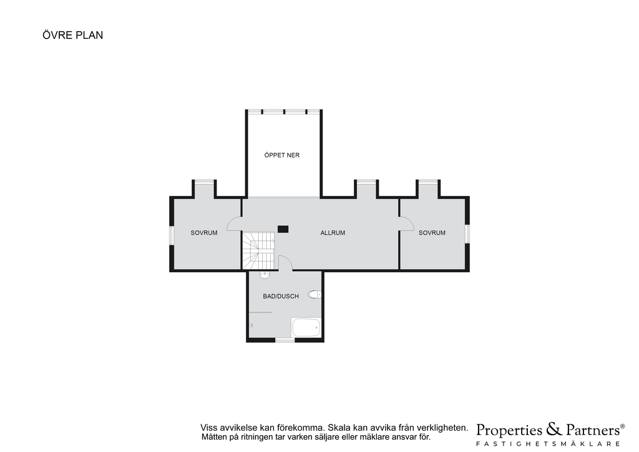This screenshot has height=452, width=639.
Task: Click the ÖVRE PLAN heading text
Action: pyautogui.click(x=72, y=35)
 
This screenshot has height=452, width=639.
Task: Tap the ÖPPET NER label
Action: pyautogui.click(x=282, y=155)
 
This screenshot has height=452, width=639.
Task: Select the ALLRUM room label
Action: pyautogui.click(x=333, y=233)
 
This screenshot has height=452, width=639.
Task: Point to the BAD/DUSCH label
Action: pyautogui.click(x=281, y=297)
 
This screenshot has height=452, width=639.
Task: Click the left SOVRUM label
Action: pyautogui.click(x=204, y=233)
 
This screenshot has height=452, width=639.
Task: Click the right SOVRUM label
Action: pyautogui.click(x=432, y=233)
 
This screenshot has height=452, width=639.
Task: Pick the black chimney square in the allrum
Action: pyautogui.click(x=283, y=229)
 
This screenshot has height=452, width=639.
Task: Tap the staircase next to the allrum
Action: pyautogui.click(x=259, y=250)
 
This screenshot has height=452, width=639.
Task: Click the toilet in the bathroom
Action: pyautogui.click(x=315, y=294)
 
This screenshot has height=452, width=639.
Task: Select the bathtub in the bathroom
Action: pyautogui.click(x=306, y=327)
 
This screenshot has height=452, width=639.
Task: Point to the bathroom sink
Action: pyautogui.click(x=265, y=275)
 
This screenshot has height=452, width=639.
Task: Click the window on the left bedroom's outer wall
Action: pyautogui.click(x=172, y=236)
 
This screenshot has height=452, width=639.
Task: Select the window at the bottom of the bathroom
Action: pyautogui.click(x=285, y=340)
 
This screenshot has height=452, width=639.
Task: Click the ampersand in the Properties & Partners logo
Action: pyautogui.click(x=554, y=429)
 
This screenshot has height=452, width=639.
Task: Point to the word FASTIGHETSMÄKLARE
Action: pyautogui.click(x=549, y=443)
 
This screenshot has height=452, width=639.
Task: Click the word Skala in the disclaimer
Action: pyautogui.click(x=339, y=428)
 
